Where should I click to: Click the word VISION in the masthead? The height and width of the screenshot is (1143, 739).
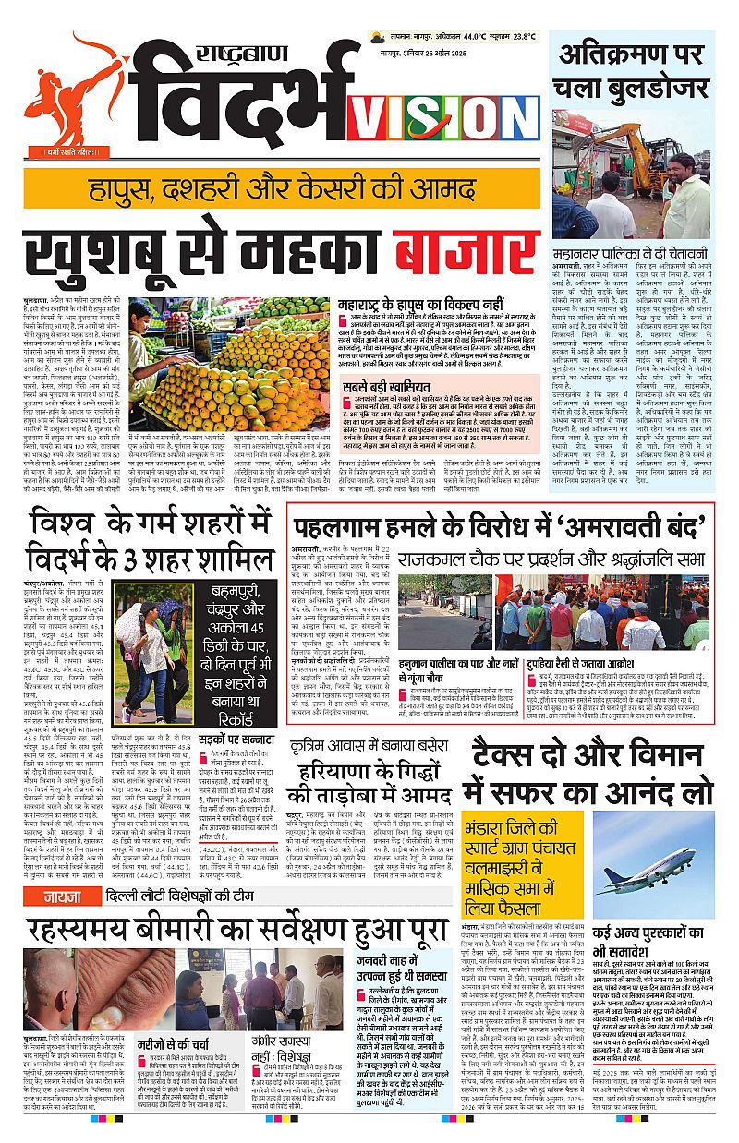447,115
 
